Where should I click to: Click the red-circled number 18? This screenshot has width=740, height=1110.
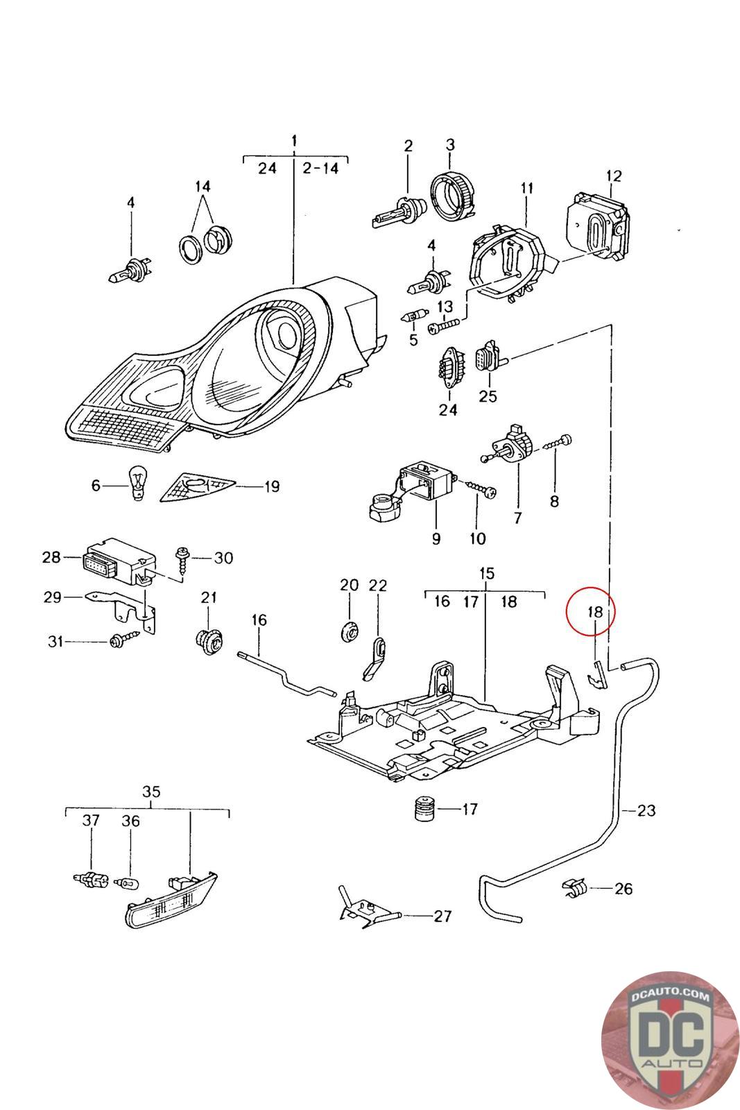(594, 612)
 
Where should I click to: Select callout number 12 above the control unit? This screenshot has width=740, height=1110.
(613, 176)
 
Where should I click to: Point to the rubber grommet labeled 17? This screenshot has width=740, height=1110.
(423, 809)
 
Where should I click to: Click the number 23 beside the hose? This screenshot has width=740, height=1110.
(646, 811)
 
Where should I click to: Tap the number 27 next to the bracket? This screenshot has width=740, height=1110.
(442, 916)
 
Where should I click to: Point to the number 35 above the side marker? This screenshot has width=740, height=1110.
(152, 792)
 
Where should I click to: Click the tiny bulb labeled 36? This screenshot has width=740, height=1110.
(128, 882)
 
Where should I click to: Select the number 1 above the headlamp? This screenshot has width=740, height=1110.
(295, 140)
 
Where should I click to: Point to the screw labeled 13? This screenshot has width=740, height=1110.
(445, 325)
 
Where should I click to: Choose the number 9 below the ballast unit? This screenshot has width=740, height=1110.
(436, 538)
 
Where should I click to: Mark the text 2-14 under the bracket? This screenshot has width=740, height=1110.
(320, 169)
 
